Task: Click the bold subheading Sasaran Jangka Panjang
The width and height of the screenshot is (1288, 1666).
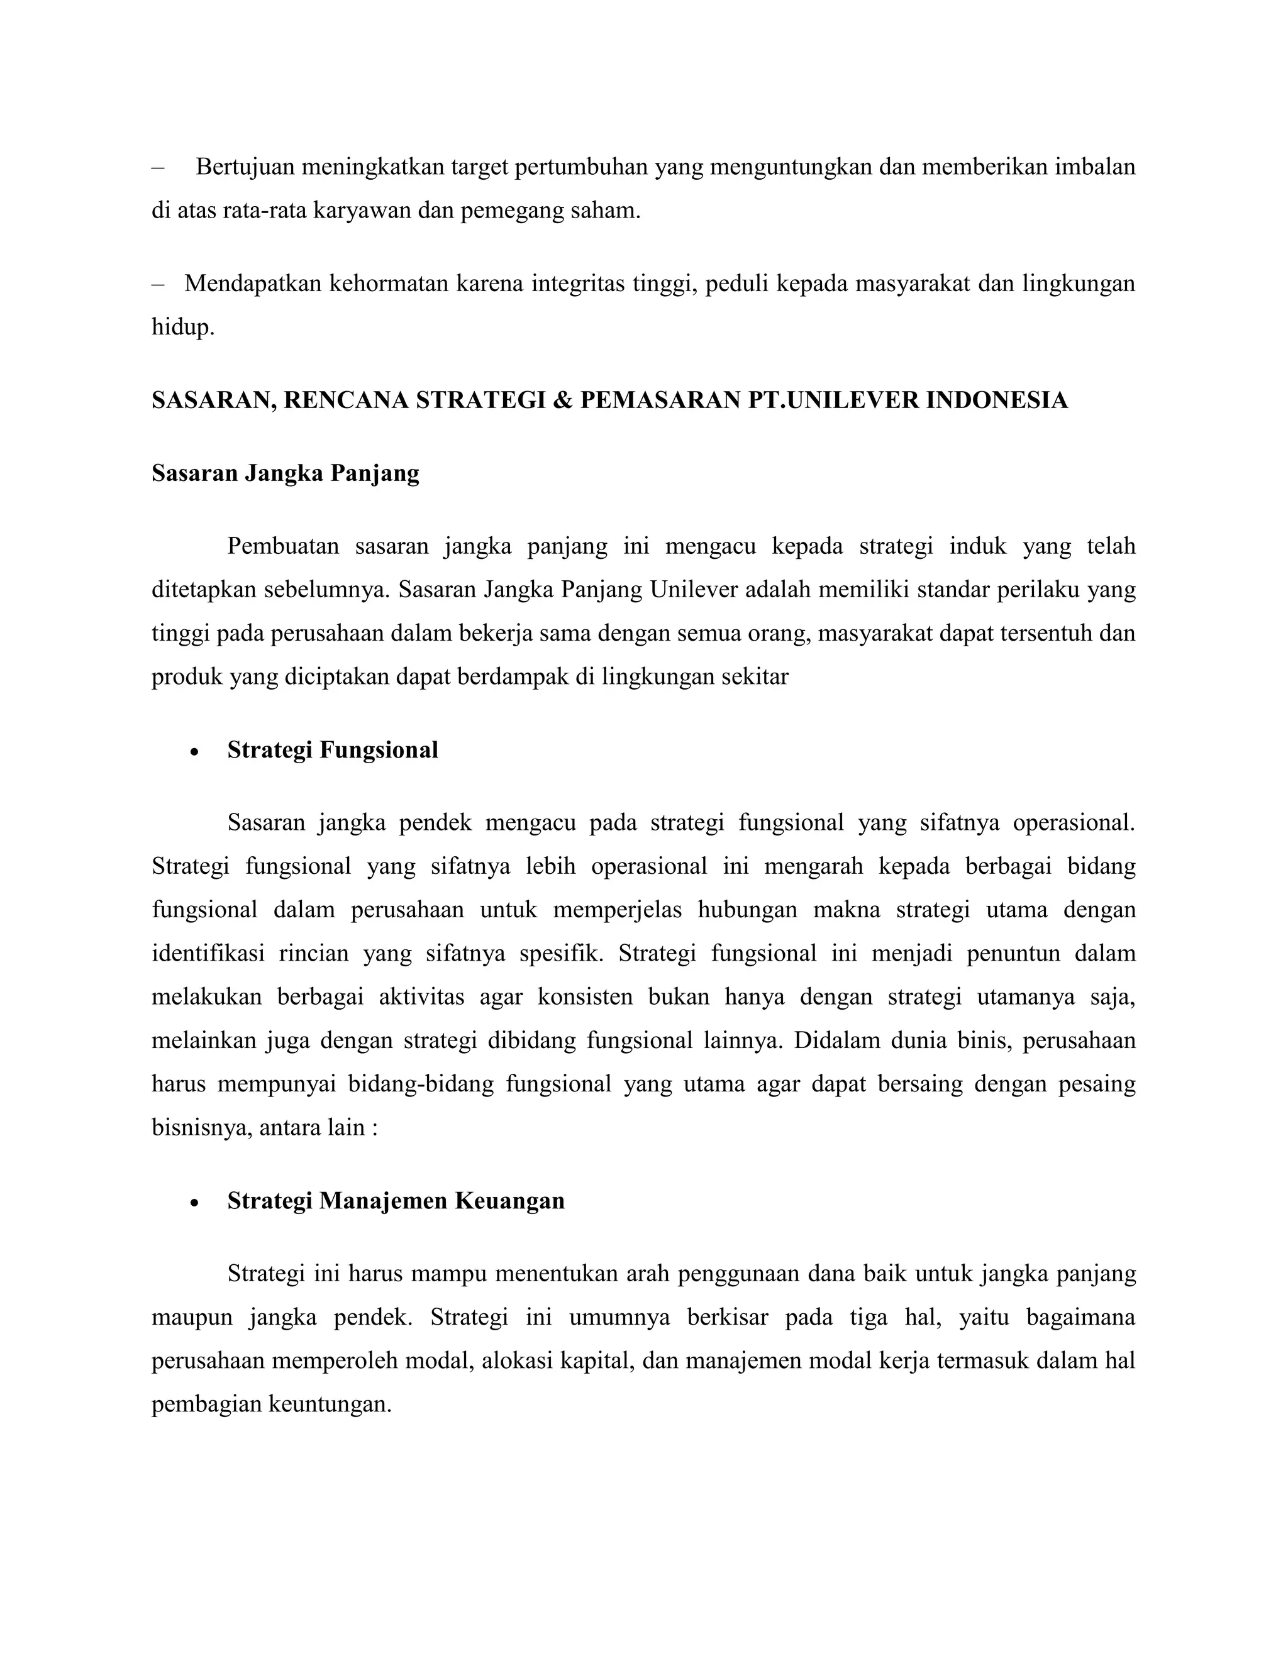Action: pos(286,473)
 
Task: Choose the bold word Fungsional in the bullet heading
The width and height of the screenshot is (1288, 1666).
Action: pos(379,750)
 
